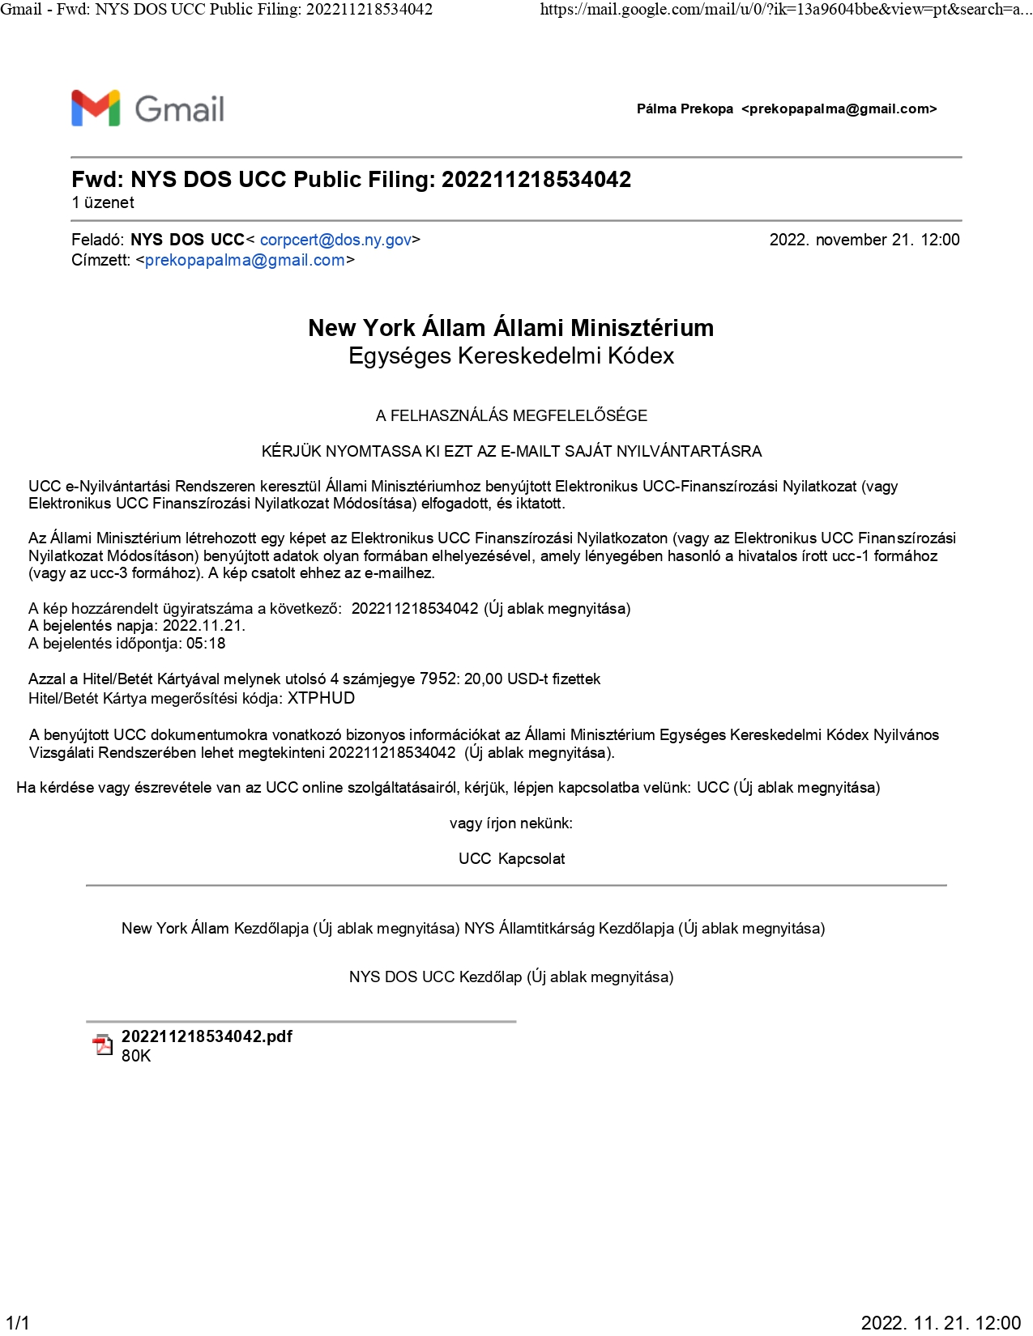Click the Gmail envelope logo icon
(96, 108)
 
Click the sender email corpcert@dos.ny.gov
(335, 240)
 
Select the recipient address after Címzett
(245, 260)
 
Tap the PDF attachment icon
(102, 1045)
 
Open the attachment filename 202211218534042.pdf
(207, 1036)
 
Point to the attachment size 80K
(136, 1056)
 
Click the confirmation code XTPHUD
(321, 698)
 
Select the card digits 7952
(438, 679)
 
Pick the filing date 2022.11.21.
(203, 626)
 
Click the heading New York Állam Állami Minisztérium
(510, 328)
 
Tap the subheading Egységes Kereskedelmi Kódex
(510, 356)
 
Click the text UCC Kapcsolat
(511, 859)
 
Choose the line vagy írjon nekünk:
(510, 823)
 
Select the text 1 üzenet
(103, 203)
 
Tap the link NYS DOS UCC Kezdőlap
(435, 977)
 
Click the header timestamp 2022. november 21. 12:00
(864, 240)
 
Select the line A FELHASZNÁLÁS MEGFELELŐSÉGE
(511, 416)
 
